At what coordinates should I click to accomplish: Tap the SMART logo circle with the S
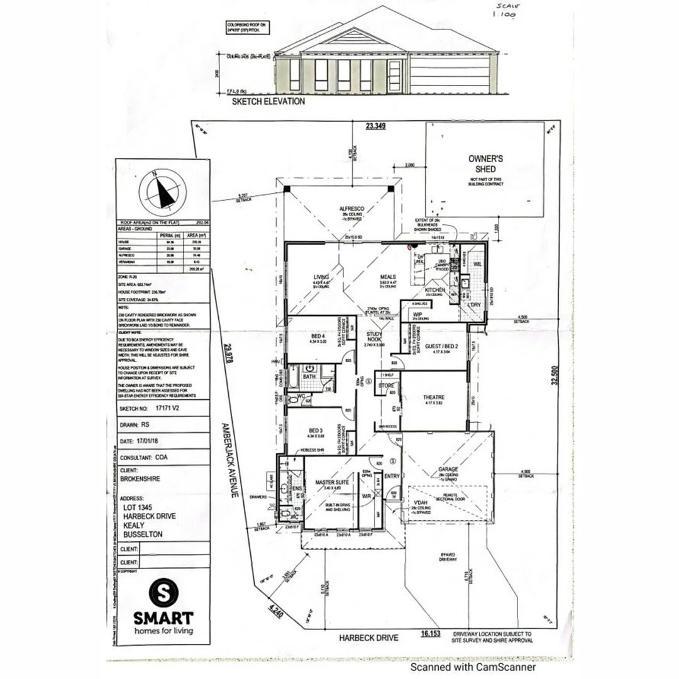point(163,592)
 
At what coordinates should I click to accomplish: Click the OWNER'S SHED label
point(486,163)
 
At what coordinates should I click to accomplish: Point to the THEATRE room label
point(434,397)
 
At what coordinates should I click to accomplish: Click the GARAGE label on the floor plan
point(448,469)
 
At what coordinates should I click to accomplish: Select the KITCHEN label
point(435,290)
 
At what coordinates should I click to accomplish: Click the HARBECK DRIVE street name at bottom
point(368,638)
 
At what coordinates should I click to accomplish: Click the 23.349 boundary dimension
point(376,126)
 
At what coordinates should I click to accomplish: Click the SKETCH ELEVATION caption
point(268,101)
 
